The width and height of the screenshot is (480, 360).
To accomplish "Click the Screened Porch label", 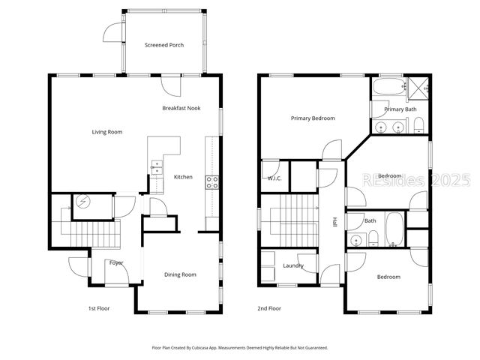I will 164,45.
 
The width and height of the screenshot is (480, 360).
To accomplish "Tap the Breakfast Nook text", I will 181,108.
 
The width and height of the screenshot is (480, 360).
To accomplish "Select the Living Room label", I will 107,132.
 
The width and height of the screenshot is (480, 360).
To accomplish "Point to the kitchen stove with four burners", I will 212,180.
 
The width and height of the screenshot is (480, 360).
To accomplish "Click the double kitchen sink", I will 156,166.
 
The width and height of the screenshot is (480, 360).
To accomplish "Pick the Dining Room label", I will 180,274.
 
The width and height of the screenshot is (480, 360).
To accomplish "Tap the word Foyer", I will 116,263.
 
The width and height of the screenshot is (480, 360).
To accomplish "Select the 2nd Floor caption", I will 268,308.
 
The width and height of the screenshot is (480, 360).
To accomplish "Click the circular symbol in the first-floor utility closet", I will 80,202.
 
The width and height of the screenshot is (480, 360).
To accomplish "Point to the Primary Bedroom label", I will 313,118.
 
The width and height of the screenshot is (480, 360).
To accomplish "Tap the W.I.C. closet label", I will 274,178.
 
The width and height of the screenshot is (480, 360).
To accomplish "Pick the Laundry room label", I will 292,265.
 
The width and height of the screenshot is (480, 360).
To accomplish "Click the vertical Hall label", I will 334,223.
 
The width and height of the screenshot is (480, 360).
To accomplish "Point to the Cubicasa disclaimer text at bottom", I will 240,348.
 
